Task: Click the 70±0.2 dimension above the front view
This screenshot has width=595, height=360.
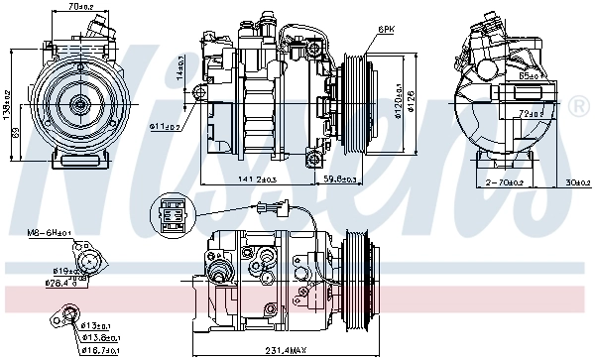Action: [x=82, y=7]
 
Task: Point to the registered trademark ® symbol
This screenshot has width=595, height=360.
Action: [x=582, y=103]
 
